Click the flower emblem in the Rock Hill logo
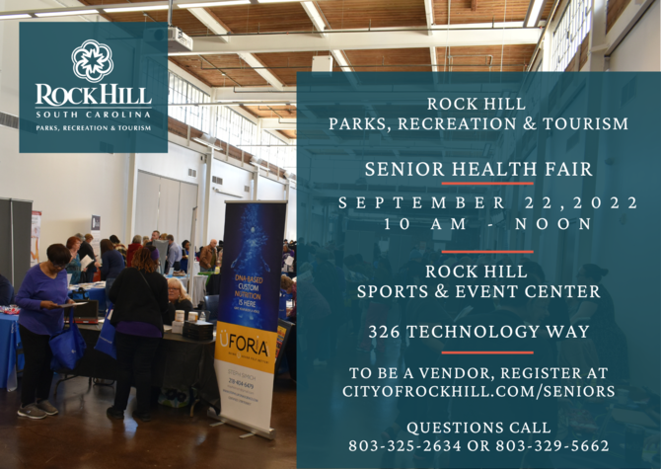[x=93, y=60]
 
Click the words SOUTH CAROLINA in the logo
[x=93, y=115]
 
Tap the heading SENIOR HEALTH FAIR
[x=478, y=169]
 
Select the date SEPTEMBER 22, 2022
[x=478, y=202]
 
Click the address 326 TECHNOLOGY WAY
[x=478, y=332]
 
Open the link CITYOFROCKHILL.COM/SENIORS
[x=478, y=392]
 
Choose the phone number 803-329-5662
[x=557, y=446]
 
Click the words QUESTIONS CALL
[x=478, y=428]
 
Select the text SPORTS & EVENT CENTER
[x=478, y=292]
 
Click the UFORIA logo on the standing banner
[x=245, y=347]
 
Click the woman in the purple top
[x=41, y=316]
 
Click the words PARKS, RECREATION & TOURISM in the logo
[x=93, y=127]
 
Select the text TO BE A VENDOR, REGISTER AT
[x=478, y=372]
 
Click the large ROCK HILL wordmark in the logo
[x=93, y=96]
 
